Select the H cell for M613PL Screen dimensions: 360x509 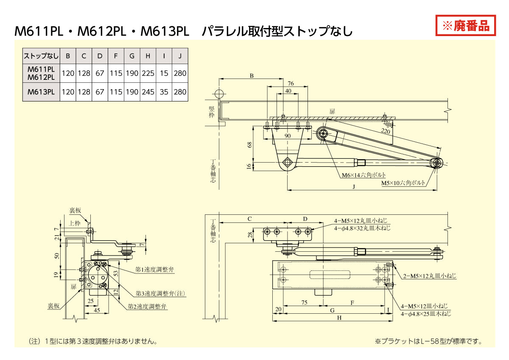pyautogui.click(x=148, y=92)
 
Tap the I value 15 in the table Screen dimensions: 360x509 pyautogui.click(x=164, y=73)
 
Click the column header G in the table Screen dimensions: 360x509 pyautogui.click(x=132, y=56)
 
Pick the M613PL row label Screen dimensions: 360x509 pyautogui.click(x=41, y=92)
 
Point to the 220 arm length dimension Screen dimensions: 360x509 pyautogui.click(x=385, y=132)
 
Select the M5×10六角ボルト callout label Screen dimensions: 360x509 pyautogui.click(x=403, y=183)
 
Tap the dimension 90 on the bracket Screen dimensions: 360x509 pyautogui.click(x=287, y=136)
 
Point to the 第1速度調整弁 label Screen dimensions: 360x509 pyautogui.click(x=154, y=270)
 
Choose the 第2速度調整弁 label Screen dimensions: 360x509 pyautogui.click(x=148, y=306)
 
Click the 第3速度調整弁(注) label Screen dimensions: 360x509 pyautogui.click(x=160, y=293)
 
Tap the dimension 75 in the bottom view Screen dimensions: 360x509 pyautogui.click(x=304, y=303)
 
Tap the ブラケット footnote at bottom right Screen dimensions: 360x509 pyautogui.click(x=428, y=341)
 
